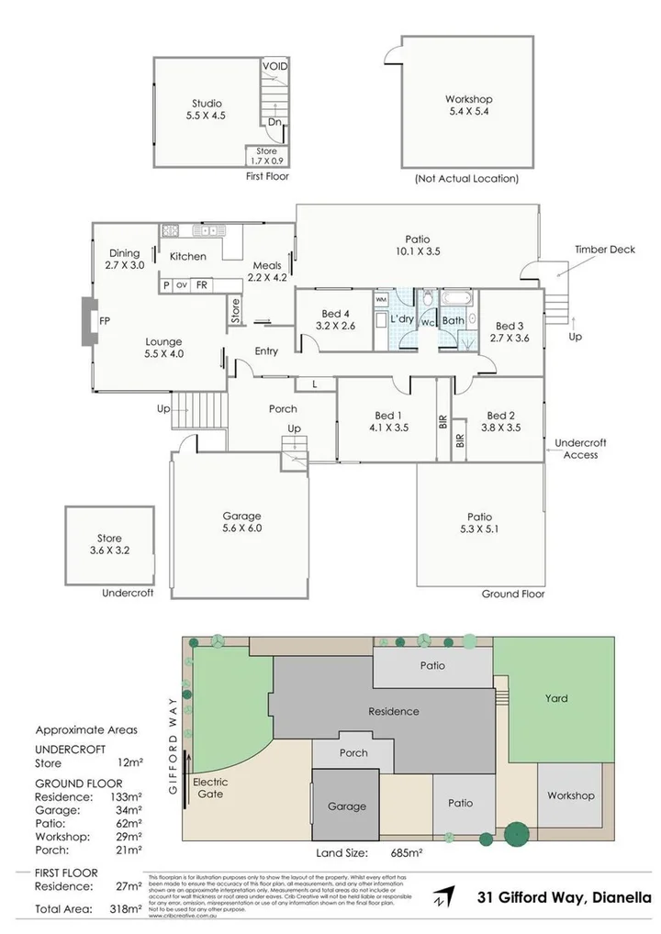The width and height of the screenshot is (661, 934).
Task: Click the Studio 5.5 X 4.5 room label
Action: (x=207, y=110)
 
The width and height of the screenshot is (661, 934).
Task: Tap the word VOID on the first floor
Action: (x=275, y=67)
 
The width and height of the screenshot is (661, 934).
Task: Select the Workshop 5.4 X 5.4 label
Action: (x=468, y=106)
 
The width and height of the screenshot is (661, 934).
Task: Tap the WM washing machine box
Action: (x=382, y=298)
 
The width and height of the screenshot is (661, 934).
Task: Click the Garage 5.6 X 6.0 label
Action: (x=242, y=522)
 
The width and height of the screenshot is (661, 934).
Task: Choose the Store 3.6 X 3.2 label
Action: (x=110, y=545)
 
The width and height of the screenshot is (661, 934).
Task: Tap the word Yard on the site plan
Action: (x=556, y=698)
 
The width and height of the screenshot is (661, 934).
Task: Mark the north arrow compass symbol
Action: (x=444, y=896)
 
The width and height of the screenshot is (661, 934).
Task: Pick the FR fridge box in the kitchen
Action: (x=200, y=284)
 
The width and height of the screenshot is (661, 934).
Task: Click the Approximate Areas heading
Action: (x=86, y=730)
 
